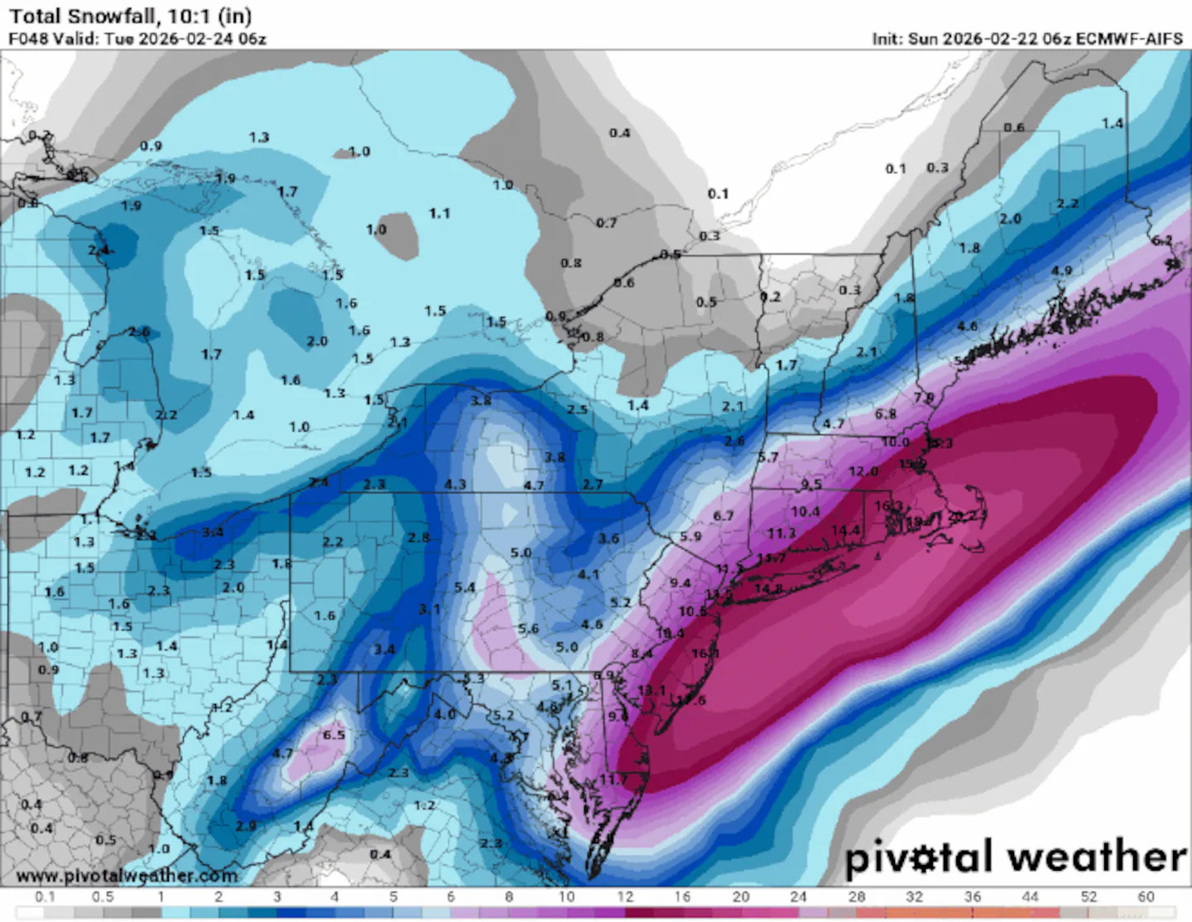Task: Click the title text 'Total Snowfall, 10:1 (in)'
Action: point(130,16)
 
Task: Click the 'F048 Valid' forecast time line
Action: point(137,39)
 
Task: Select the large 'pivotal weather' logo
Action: point(1015,857)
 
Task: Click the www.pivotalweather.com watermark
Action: point(127,876)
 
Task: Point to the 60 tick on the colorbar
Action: point(1146,897)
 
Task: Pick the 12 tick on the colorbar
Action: point(625,897)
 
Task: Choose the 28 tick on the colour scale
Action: point(857,897)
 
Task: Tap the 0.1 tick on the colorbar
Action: point(45,897)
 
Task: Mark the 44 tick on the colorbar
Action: point(1030,897)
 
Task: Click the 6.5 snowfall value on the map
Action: point(334,735)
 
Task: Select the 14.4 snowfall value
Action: point(845,530)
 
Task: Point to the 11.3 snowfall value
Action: point(781,533)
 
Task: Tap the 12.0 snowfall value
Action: point(863,471)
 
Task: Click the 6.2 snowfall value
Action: point(1162,241)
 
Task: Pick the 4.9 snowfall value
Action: point(1061,271)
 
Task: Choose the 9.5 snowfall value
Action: point(811,484)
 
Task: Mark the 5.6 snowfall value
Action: point(528,629)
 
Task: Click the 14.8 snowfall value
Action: point(768,588)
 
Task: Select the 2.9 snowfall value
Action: point(246,826)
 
